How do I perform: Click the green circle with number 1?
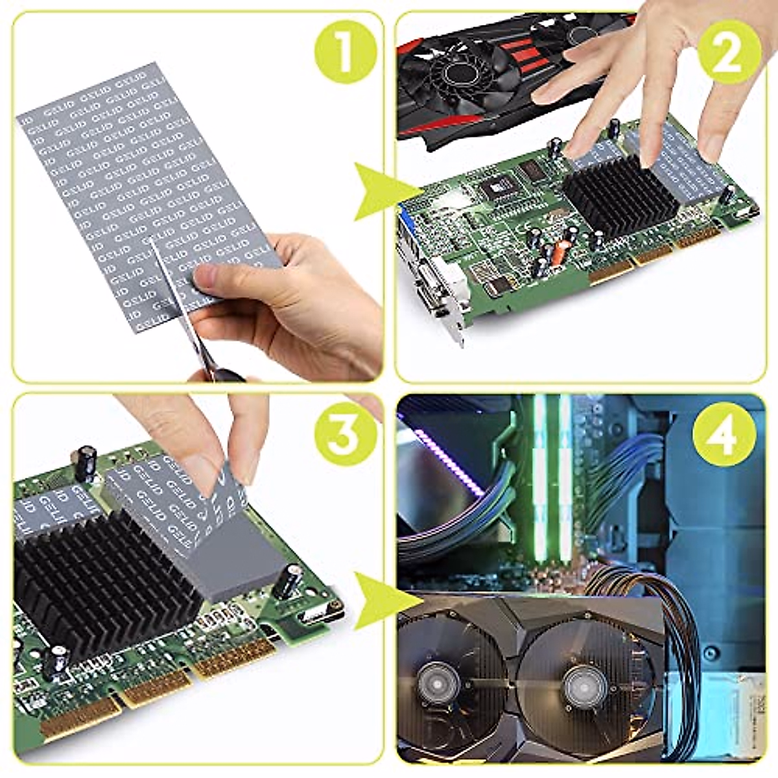point(345,52)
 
